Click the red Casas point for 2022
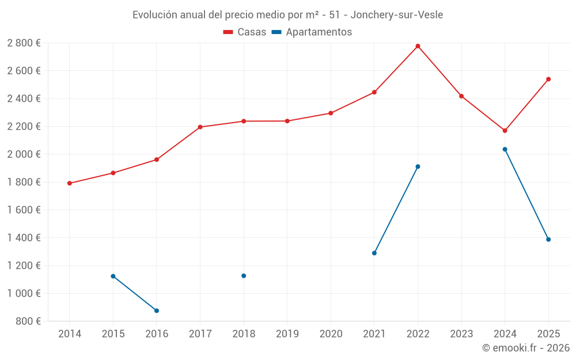(418, 46)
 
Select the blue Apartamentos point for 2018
(244, 276)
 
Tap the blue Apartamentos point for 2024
(505, 149)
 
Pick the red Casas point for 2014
(70, 183)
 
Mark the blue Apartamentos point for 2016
(157, 310)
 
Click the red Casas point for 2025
(548, 79)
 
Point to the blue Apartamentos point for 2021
(374, 253)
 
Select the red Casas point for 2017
(200, 127)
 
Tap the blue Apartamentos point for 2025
(548, 240)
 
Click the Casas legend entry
(245, 32)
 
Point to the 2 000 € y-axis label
(24, 154)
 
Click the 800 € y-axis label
(28, 321)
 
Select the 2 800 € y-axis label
(24, 43)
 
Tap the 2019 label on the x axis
(287, 334)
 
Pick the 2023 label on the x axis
(461, 334)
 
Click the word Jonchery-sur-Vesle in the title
(397, 15)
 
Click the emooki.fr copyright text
(526, 348)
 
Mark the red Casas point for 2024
(505, 131)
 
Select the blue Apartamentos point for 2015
(113, 276)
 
